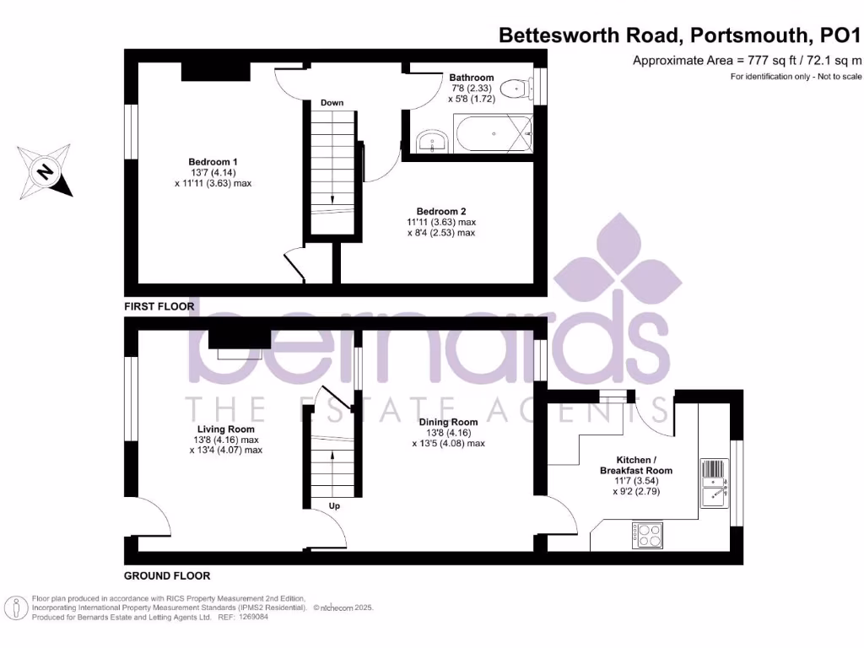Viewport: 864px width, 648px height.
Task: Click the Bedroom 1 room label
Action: tap(213, 161)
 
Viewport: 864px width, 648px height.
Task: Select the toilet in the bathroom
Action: tap(514, 89)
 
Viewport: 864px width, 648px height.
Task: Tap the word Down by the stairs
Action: tap(332, 103)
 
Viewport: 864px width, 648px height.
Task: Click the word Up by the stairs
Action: tap(334, 506)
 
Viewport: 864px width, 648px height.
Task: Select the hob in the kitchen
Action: tap(648, 534)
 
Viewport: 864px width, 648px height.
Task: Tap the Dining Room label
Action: tap(448, 422)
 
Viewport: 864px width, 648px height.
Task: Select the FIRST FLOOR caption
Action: tap(159, 306)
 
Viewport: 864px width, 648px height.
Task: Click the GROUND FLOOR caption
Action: tap(166, 576)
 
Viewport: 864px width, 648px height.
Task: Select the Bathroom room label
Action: tap(471, 78)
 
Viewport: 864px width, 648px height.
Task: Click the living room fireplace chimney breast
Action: tap(239, 337)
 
